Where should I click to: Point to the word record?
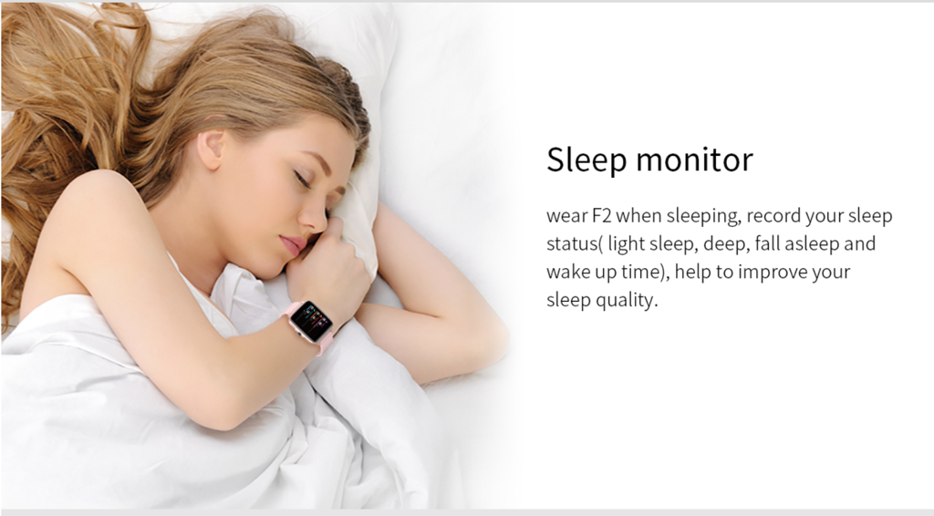(773, 216)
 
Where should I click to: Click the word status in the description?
(571, 244)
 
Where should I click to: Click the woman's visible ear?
(211, 149)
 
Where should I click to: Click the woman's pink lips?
(293, 245)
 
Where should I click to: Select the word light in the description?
(626, 244)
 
